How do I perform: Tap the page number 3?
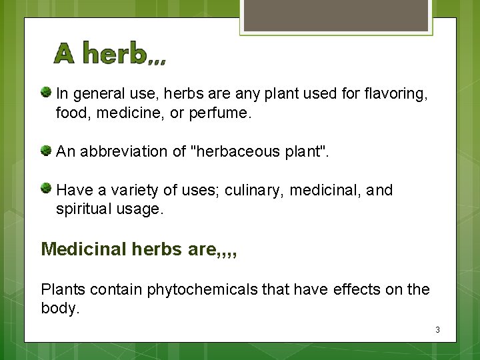click(437, 330)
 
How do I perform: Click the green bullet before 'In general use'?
click(47, 91)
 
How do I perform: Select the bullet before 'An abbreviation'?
click(47, 150)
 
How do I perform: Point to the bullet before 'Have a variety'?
click(47, 188)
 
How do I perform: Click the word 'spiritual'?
click(83, 209)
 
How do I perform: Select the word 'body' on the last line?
click(59, 309)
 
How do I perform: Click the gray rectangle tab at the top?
click(335, 15)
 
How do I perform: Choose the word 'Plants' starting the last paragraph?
click(63, 290)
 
